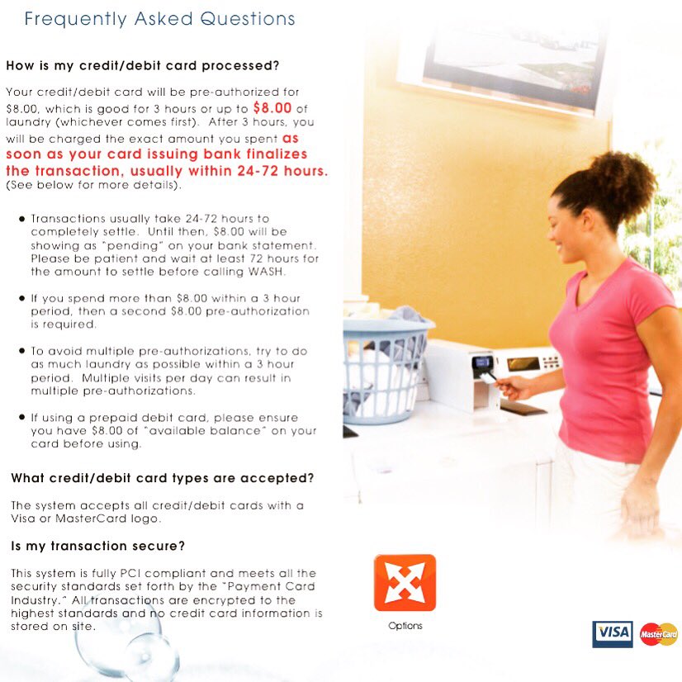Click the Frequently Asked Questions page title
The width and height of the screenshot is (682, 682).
tap(159, 18)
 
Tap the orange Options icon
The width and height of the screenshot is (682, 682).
tap(405, 582)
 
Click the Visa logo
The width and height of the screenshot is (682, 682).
tap(612, 633)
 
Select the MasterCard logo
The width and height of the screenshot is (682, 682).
tap(658, 634)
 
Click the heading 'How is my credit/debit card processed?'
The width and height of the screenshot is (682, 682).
tap(143, 65)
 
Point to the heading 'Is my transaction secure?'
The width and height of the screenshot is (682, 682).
tap(97, 546)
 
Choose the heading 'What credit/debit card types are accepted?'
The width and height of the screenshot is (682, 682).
tap(162, 478)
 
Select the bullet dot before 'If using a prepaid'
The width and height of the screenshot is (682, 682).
tap(21, 418)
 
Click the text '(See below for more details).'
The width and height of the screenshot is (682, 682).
tap(92, 185)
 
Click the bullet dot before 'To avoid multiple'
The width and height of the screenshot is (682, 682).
tap(21, 351)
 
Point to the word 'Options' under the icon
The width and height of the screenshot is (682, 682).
tap(405, 626)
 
